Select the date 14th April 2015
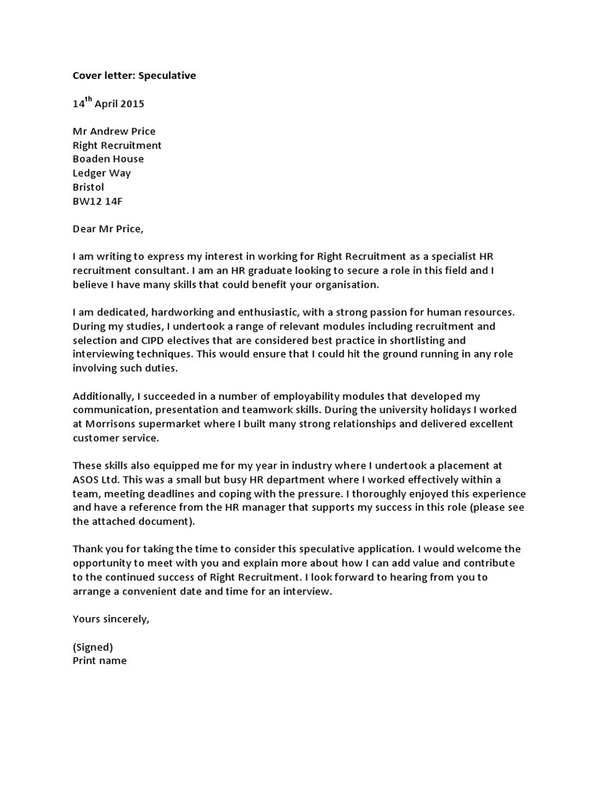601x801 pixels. [x=108, y=103]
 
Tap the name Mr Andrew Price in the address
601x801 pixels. [x=114, y=131]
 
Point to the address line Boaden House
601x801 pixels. [x=108, y=160]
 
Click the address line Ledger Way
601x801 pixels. [x=102, y=174]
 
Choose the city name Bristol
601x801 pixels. [x=88, y=188]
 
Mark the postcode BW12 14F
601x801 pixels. [x=98, y=202]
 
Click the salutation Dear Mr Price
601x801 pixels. [x=109, y=229]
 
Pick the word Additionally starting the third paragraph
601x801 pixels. [x=103, y=397]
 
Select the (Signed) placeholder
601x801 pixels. [x=93, y=647]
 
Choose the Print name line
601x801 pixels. [x=99, y=660]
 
